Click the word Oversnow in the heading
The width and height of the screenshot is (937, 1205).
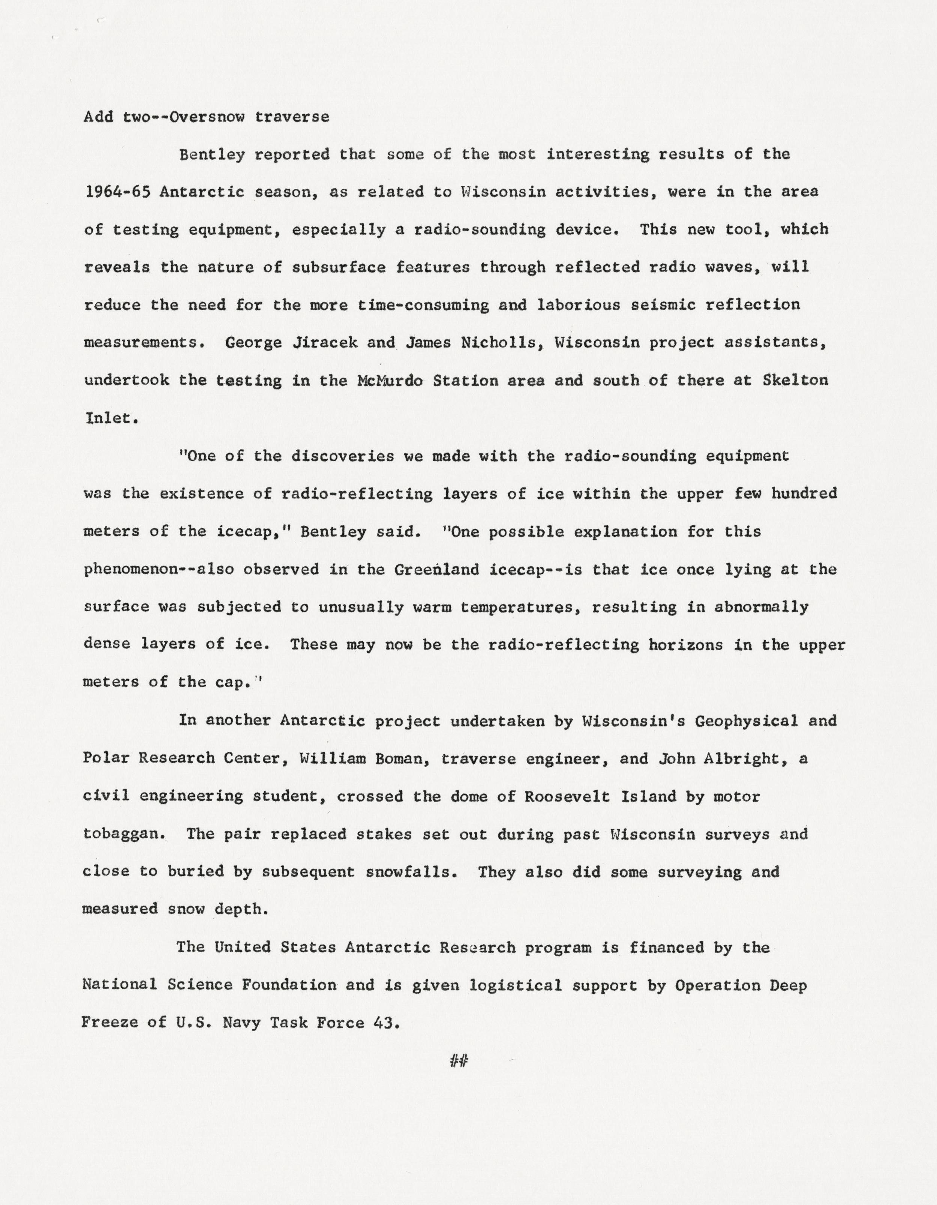pyautogui.click(x=208, y=117)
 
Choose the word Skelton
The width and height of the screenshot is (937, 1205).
pyautogui.click(x=795, y=381)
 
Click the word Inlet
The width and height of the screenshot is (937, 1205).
pyautogui.click(x=109, y=418)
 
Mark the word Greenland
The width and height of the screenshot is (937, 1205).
pyautogui.click(x=437, y=569)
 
